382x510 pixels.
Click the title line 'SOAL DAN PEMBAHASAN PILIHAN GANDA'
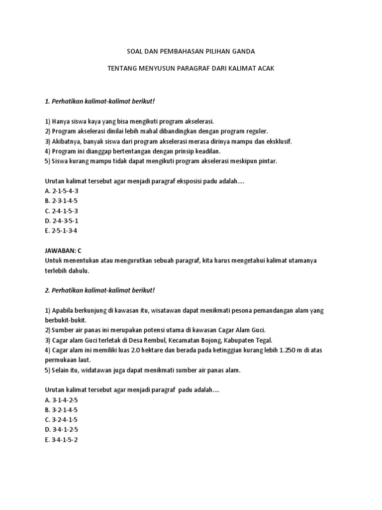click(x=191, y=51)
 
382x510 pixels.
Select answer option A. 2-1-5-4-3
click(x=62, y=191)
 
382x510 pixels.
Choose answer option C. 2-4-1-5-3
click(x=62, y=211)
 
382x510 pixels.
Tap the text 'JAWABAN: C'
click(x=63, y=251)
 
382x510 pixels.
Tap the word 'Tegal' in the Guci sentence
click(x=261, y=340)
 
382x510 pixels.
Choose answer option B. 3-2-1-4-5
click(x=61, y=410)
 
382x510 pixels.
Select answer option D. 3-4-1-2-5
click(x=62, y=430)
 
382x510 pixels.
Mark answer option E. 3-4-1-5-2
click(x=61, y=440)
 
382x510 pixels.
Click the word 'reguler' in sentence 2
click(x=256, y=131)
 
